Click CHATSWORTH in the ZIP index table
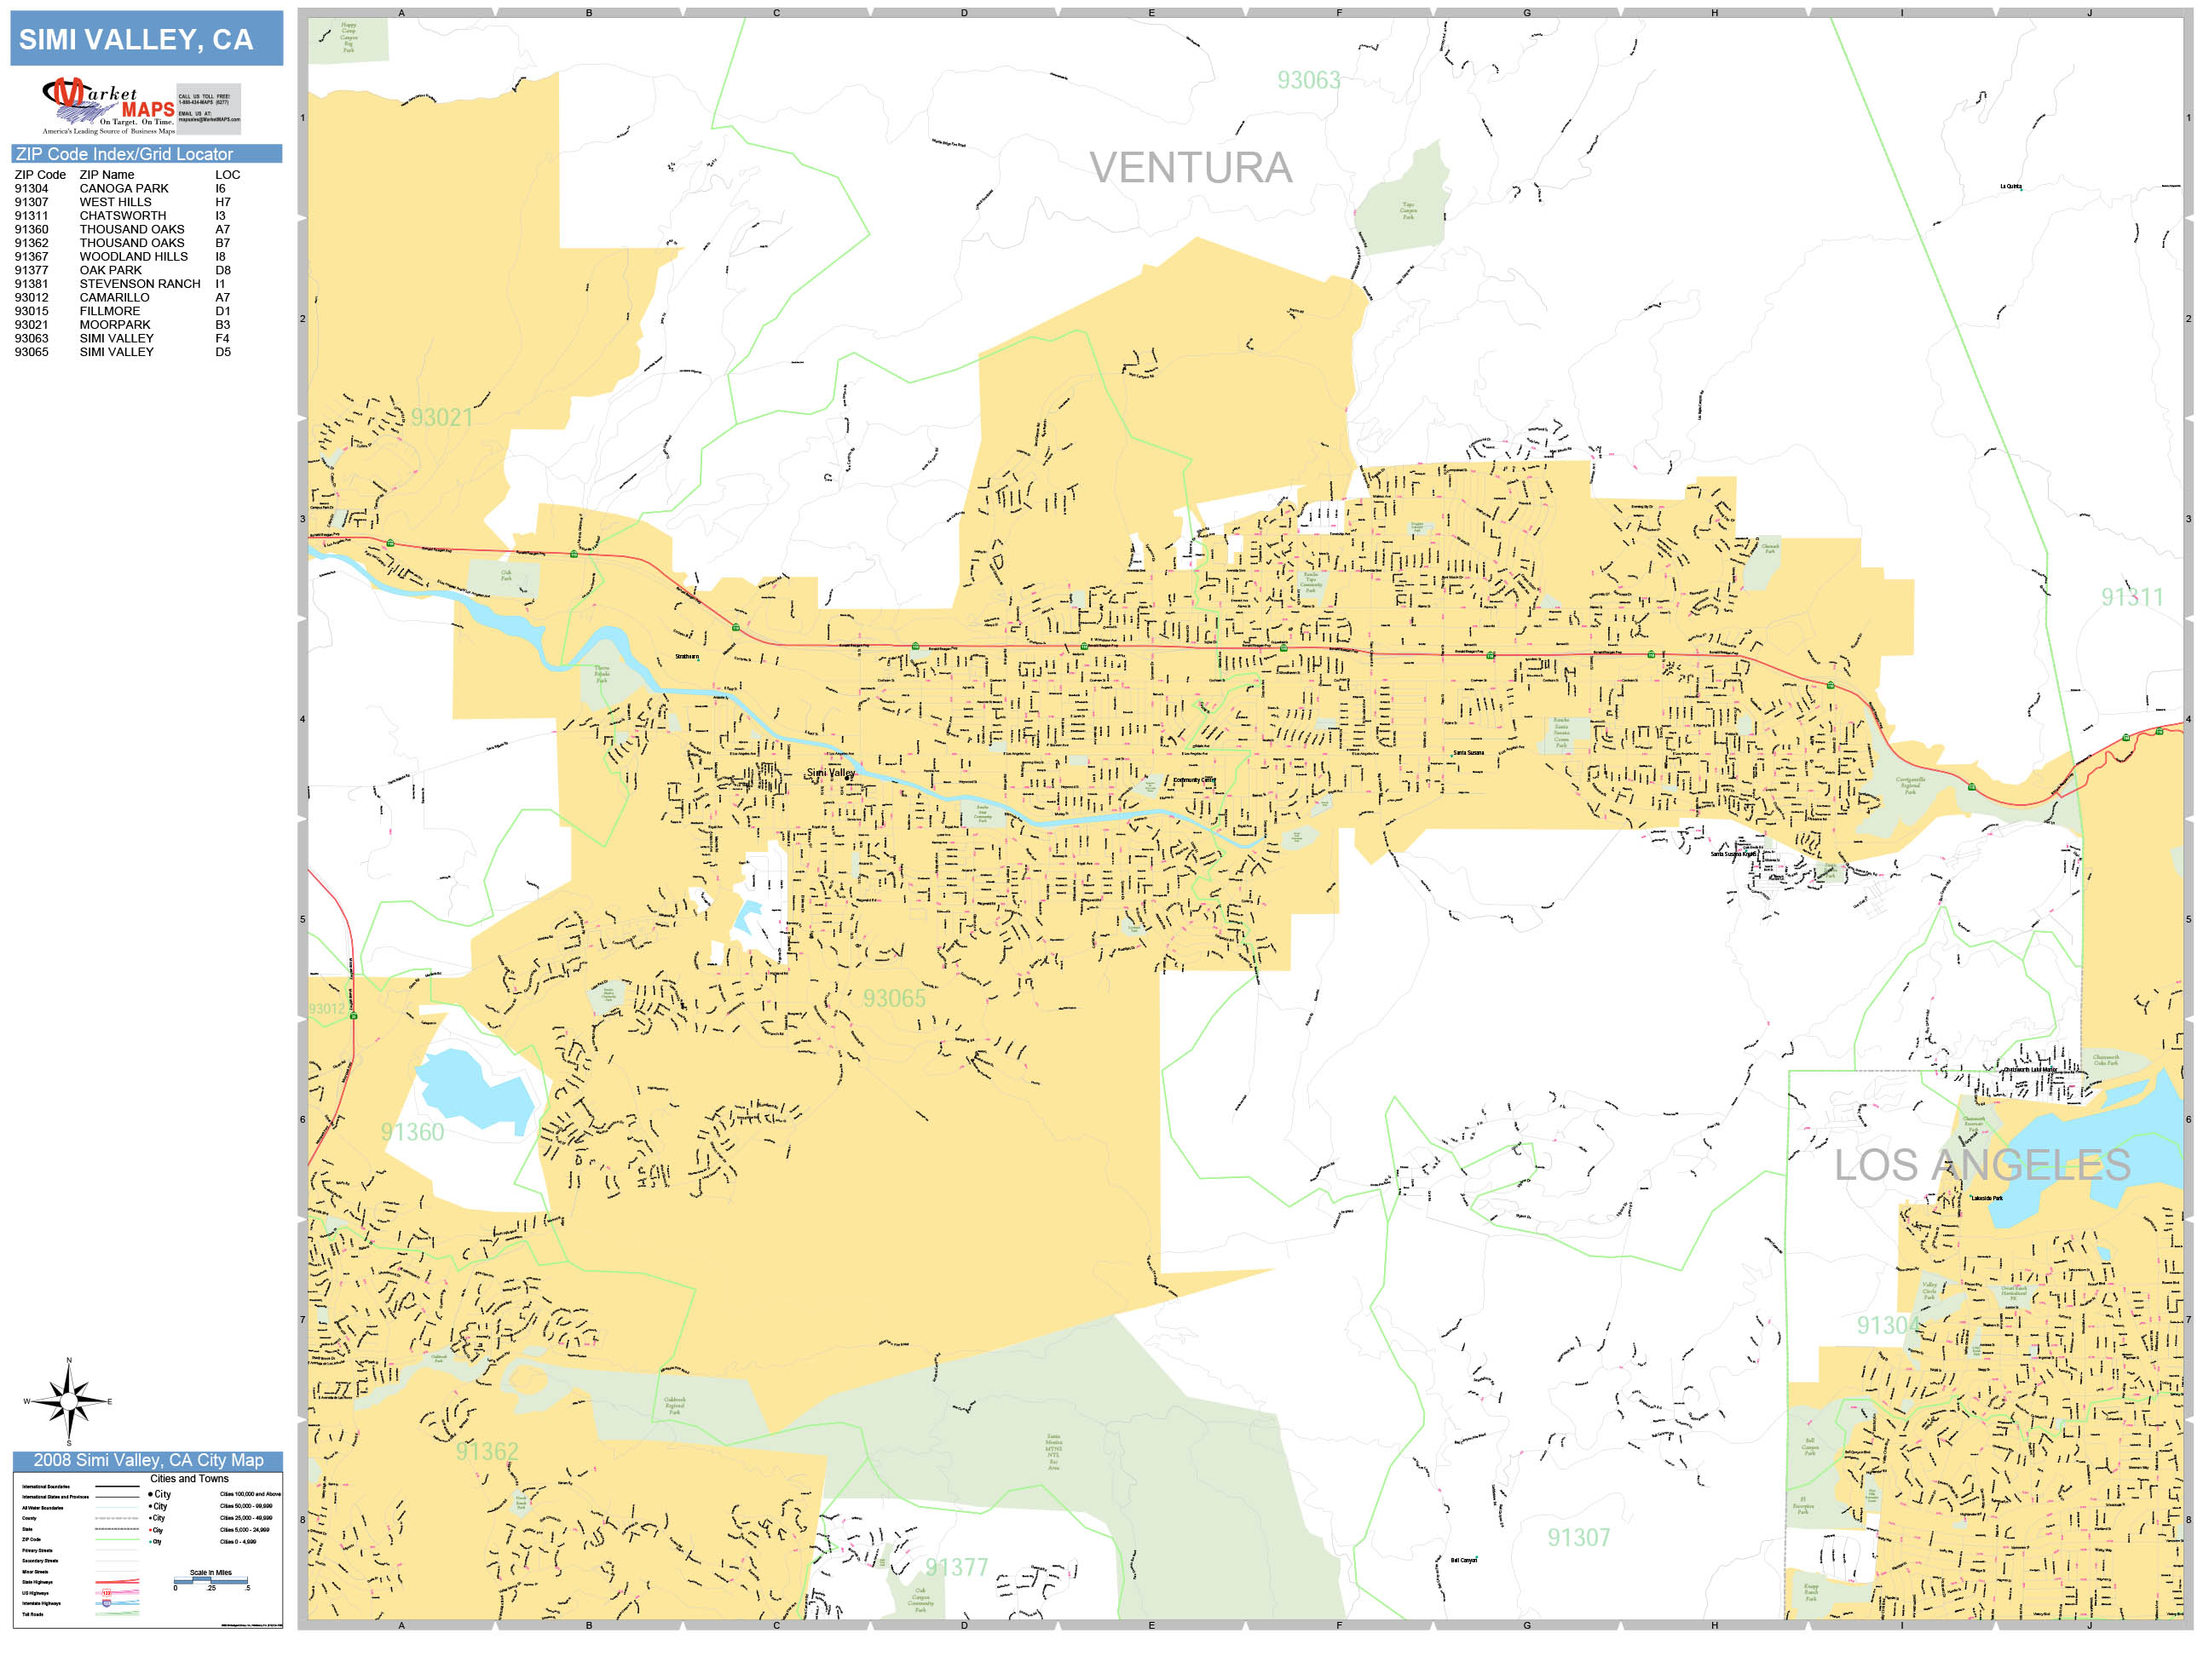pyautogui.click(x=123, y=216)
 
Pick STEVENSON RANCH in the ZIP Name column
pyautogui.click(x=140, y=284)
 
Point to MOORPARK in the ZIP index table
pyautogui.click(x=115, y=325)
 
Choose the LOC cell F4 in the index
pyautogui.click(x=222, y=338)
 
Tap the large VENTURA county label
pyautogui.click(x=1191, y=168)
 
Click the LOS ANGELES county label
pyautogui.click(x=1982, y=1164)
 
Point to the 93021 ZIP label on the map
pyautogui.click(x=441, y=417)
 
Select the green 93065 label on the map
pyautogui.click(x=894, y=998)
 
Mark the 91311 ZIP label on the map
pyautogui.click(x=2131, y=597)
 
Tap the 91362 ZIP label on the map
pyautogui.click(x=487, y=1452)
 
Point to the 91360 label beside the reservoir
pyautogui.click(x=412, y=1132)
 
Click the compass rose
pyautogui.click(x=68, y=1401)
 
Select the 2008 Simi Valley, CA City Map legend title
pyautogui.click(x=147, y=1460)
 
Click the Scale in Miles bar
pyautogui.click(x=211, y=1581)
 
